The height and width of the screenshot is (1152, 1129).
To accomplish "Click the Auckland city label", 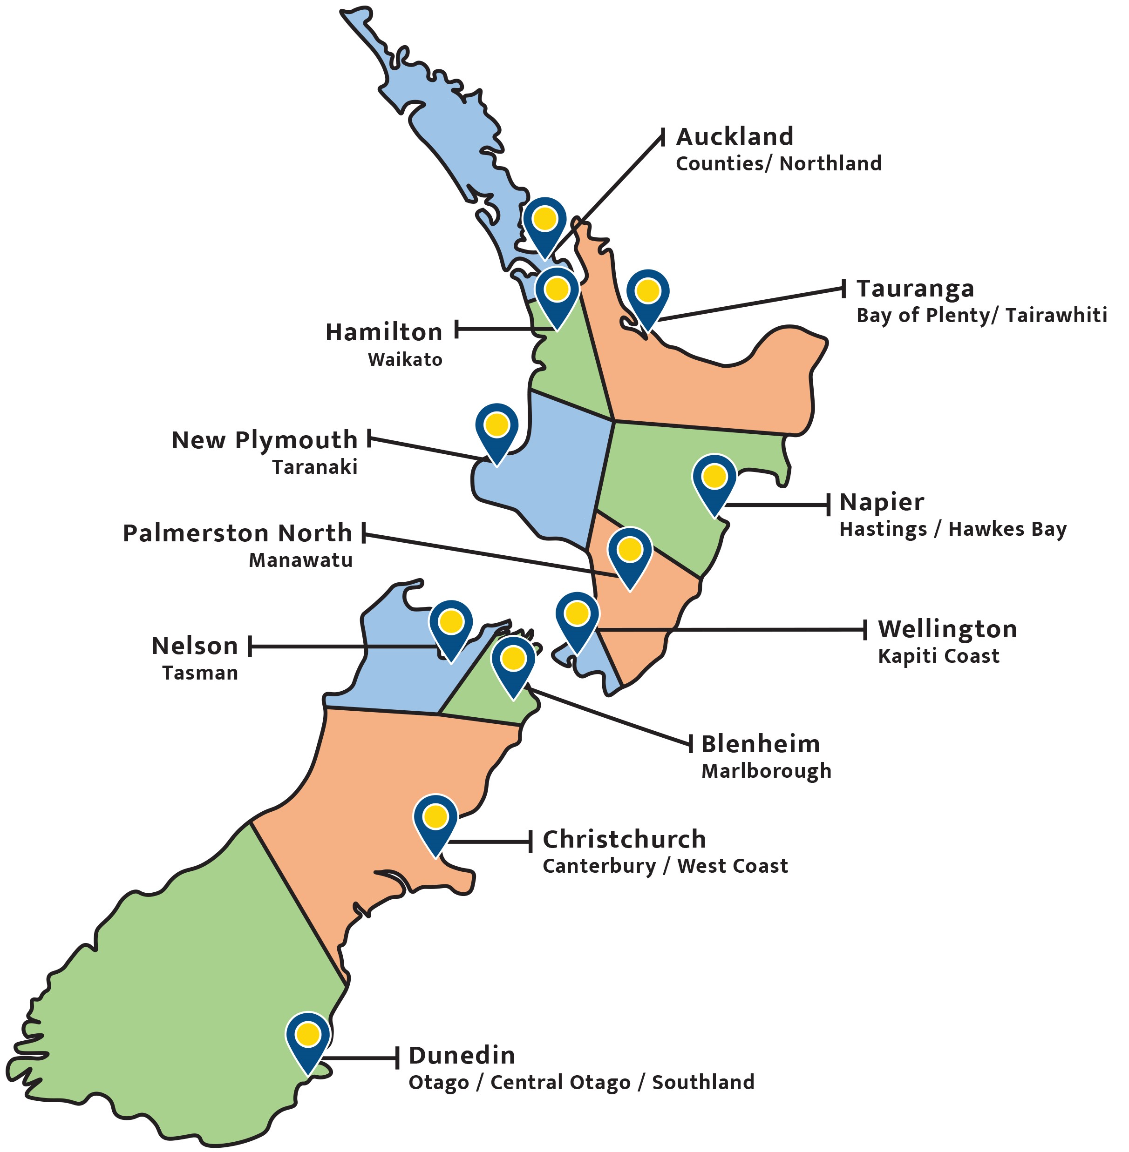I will coord(734,137).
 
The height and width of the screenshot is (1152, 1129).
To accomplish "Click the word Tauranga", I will coord(915,289).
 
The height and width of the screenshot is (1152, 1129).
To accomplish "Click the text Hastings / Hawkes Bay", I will coord(952,529).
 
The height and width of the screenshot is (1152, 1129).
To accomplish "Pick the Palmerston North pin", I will coord(630,553).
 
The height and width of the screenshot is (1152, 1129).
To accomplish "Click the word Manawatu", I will coord(300,560).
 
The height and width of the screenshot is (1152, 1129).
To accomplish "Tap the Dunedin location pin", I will coord(308,1037).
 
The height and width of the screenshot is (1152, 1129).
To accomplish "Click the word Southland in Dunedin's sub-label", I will coord(703,1083).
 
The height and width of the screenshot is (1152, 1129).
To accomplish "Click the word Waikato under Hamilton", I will coord(405,360).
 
